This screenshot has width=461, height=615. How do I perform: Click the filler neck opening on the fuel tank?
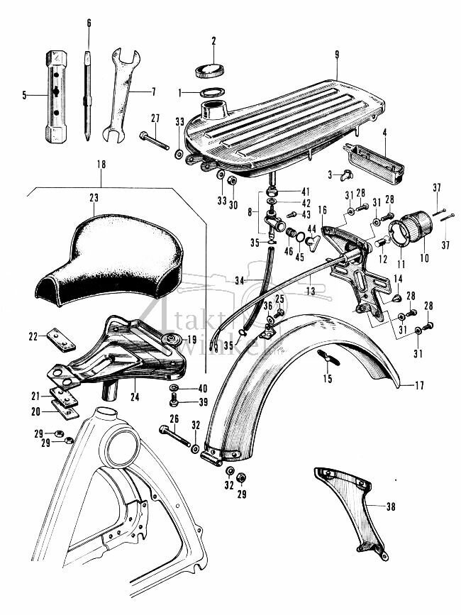(x=213, y=110)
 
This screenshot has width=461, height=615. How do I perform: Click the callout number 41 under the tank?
(x=286, y=192)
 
